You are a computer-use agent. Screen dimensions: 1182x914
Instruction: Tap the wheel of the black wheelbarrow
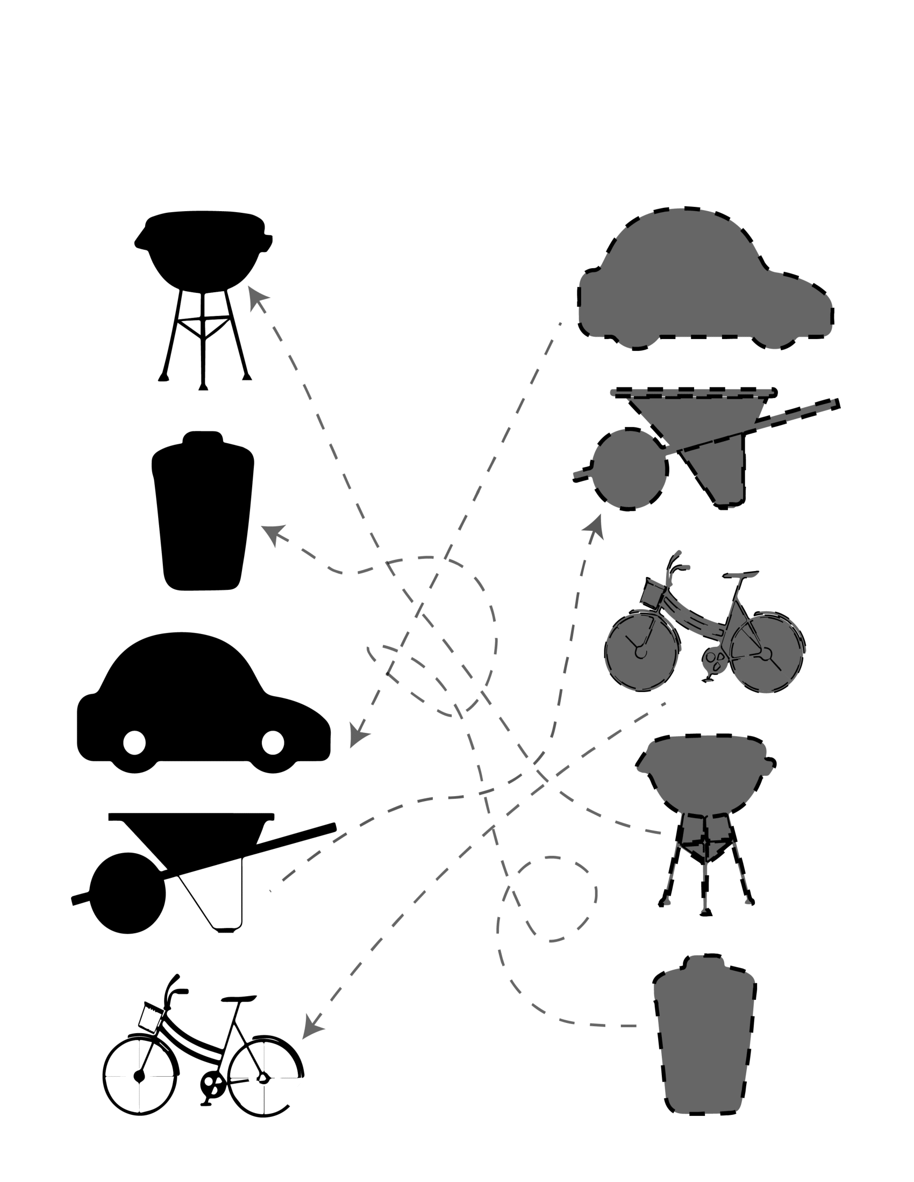point(128,893)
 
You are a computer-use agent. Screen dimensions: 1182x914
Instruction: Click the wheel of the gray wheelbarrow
point(629,469)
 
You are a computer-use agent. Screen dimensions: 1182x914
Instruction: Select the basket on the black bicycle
point(151,1018)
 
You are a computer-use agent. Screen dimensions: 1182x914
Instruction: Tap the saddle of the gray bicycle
point(742,574)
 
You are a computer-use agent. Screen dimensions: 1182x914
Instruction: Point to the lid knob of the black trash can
point(203,437)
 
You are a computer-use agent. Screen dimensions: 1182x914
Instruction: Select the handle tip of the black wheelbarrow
point(330,827)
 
